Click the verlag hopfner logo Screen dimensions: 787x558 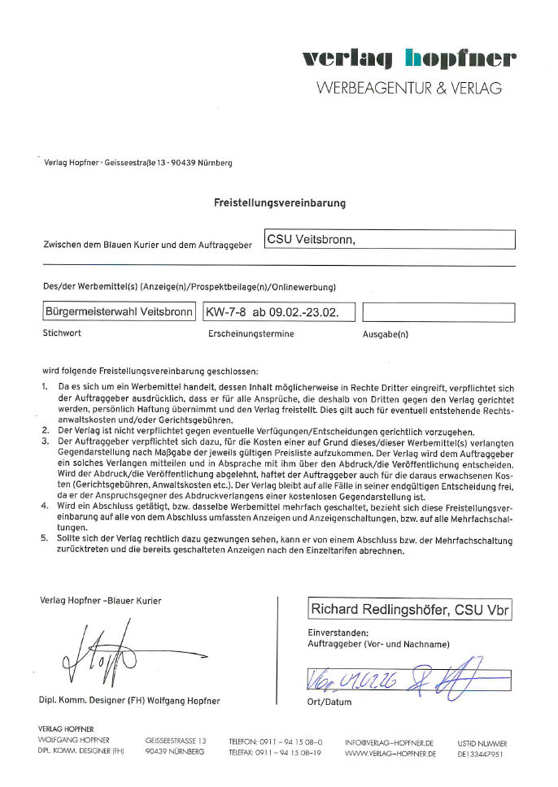(408, 59)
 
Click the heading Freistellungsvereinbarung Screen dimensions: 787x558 (279, 203)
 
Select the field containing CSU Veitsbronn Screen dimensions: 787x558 (390, 239)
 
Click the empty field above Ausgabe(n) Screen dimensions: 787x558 (438, 312)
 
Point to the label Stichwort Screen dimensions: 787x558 (62, 333)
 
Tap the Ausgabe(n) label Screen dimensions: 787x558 (386, 333)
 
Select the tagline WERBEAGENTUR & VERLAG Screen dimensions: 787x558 (408, 88)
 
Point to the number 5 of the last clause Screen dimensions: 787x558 (45, 538)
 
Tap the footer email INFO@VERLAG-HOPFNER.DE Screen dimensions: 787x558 (389, 742)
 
